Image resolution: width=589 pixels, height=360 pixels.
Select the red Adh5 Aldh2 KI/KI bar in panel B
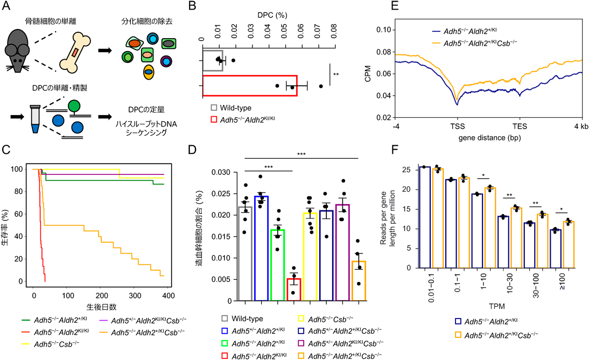click(250, 86)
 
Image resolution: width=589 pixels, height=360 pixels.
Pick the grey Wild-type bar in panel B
click(213, 59)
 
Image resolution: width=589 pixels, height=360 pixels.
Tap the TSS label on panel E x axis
click(458, 127)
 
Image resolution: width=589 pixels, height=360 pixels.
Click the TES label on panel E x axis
click(520, 127)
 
